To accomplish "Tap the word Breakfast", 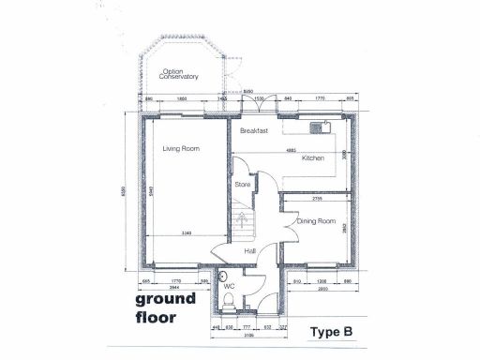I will (255, 130).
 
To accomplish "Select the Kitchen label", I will (313, 158).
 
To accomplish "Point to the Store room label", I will (243, 185).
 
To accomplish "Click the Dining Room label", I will (317, 221).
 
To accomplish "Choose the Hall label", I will (250, 251).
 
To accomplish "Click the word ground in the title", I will (166, 299).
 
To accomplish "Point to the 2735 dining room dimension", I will (318, 199).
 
